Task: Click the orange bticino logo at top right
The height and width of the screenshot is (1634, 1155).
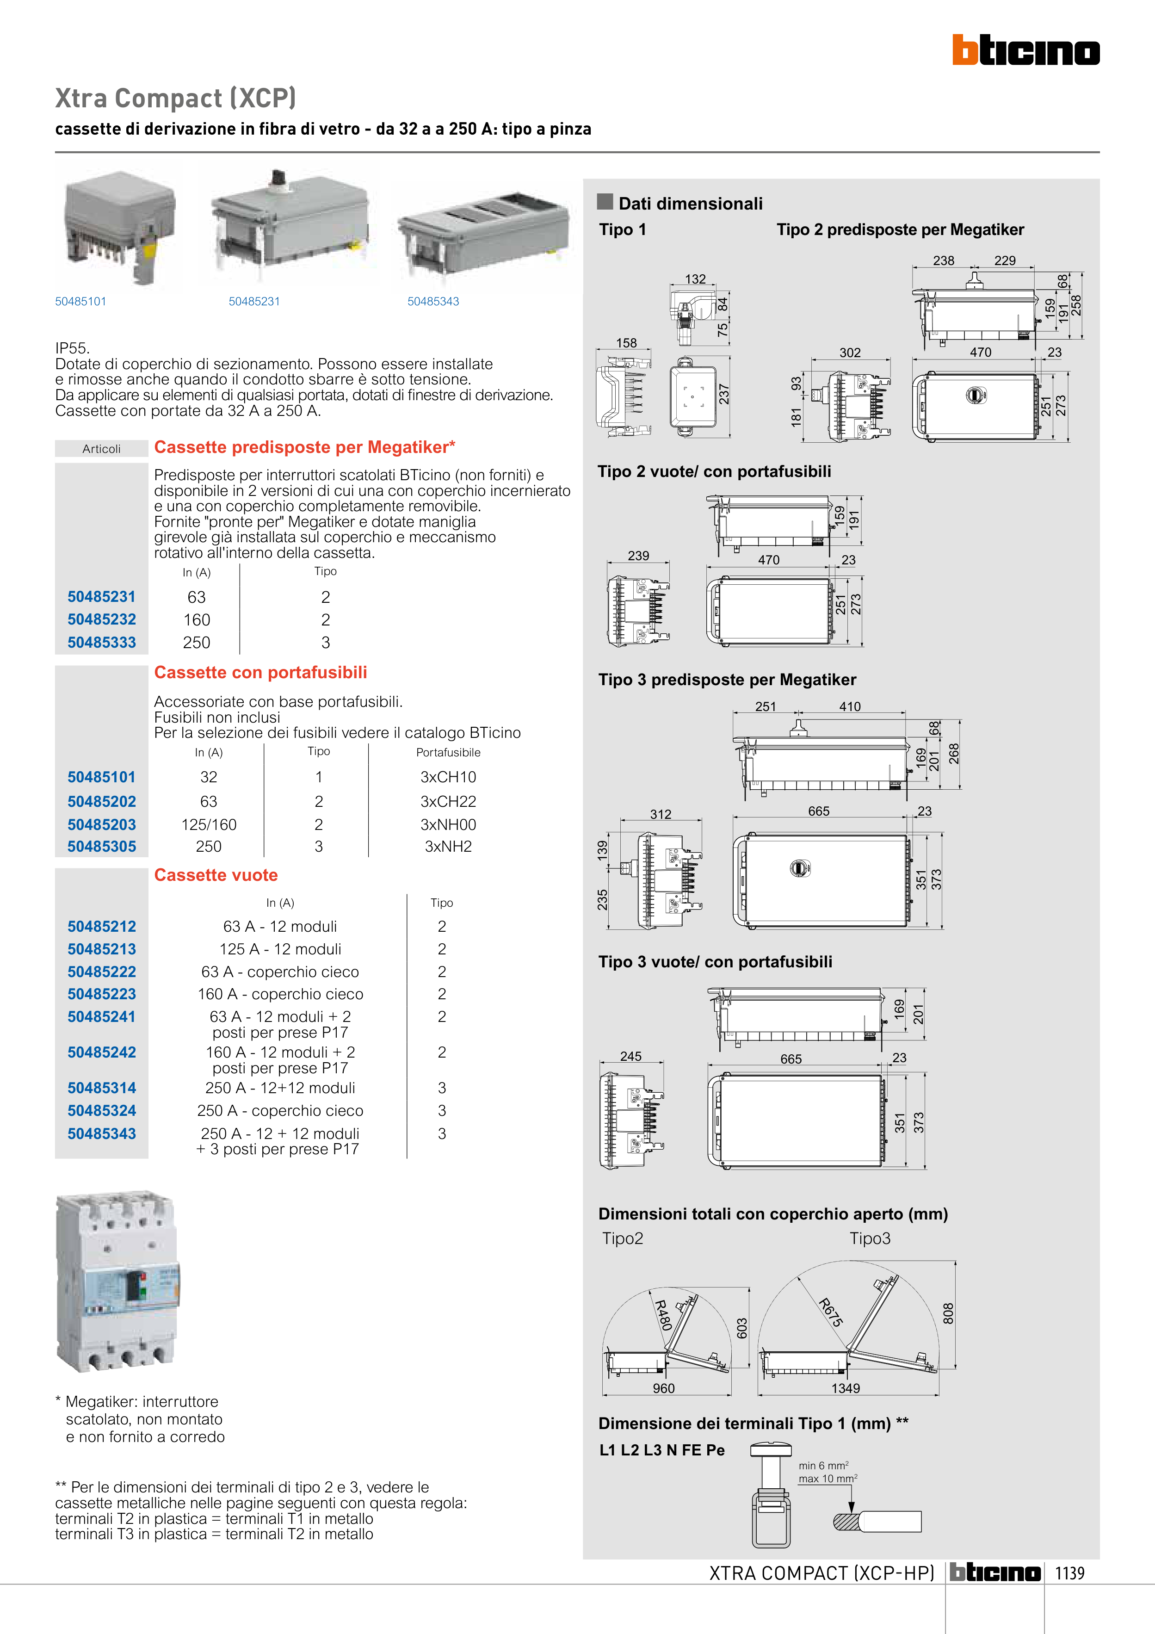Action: (1025, 50)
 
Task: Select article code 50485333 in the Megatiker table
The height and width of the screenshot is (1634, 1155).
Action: (102, 642)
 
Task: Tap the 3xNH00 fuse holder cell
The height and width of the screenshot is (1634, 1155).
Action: (448, 824)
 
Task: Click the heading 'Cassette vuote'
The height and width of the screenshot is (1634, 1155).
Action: (216, 875)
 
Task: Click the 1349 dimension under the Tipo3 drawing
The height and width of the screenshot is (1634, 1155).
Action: (846, 1388)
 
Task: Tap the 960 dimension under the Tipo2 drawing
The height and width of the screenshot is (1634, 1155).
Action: (663, 1388)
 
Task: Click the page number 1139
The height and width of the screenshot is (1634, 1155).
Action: (1069, 1573)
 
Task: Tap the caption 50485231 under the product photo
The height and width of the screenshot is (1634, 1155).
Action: (254, 301)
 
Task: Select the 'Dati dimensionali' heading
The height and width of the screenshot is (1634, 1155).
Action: (690, 204)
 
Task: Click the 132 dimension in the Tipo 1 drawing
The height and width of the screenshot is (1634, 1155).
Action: (695, 279)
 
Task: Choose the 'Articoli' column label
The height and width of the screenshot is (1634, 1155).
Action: (102, 448)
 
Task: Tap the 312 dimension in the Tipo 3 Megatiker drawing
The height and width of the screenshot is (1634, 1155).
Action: (661, 814)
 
